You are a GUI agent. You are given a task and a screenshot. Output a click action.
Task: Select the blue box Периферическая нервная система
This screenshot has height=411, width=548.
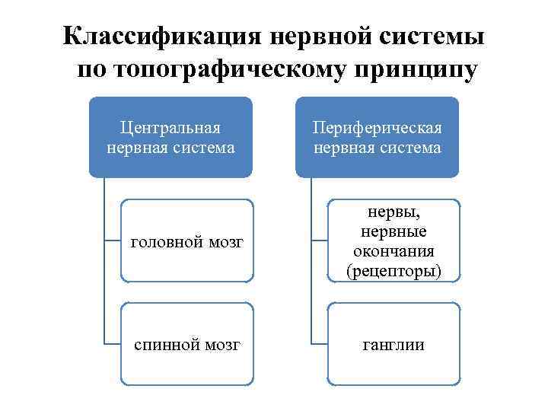378,138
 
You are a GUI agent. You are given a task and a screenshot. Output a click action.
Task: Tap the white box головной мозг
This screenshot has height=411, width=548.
186,242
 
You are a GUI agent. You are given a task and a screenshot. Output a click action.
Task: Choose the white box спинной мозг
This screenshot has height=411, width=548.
186,345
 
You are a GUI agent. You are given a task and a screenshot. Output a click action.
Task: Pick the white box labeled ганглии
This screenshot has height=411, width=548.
393,345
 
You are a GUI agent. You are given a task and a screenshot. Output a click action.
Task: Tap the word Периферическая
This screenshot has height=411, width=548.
378,128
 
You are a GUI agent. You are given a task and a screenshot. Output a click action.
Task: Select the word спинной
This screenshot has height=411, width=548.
166,345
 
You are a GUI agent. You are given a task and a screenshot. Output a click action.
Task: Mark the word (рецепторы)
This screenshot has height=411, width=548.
393,270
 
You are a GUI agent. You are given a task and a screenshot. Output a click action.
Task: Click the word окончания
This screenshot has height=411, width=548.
393,251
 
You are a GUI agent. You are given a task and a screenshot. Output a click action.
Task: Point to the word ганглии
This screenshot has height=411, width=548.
393,345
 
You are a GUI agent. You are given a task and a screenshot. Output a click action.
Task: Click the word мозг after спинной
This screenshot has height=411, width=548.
222,345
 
